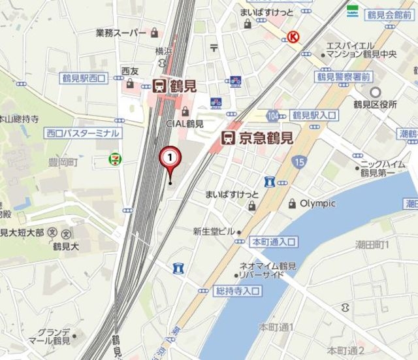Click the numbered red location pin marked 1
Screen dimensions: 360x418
[x=170, y=159]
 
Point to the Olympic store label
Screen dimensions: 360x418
[x=317, y=203]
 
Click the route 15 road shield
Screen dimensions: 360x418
[x=299, y=161]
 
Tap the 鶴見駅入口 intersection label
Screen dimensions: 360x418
[x=315, y=114]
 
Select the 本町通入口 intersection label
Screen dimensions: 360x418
[x=274, y=242]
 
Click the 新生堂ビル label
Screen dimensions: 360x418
[x=214, y=231]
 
